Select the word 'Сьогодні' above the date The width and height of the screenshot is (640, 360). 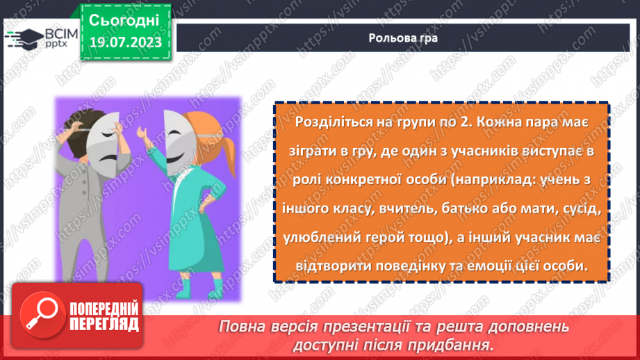[124, 19]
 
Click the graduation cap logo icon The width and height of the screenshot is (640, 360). [25, 37]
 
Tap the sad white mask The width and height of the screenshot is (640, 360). [108, 137]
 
